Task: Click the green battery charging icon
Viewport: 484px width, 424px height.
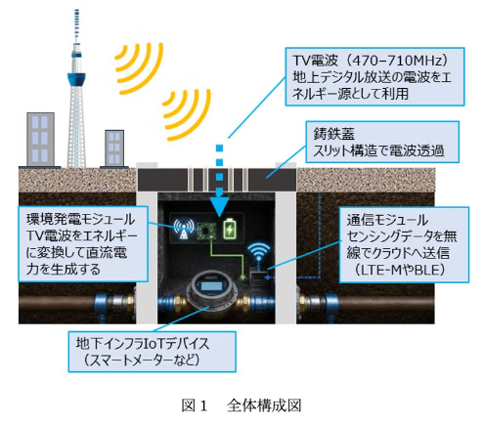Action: [230, 229]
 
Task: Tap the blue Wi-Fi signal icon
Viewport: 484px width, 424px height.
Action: [259, 252]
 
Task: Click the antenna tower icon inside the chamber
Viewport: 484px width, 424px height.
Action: [184, 229]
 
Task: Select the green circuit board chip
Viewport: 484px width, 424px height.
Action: [207, 231]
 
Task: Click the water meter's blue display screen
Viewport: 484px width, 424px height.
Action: [211, 287]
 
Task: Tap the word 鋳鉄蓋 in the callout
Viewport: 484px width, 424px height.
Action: [333, 133]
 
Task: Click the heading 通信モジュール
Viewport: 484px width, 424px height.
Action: [387, 220]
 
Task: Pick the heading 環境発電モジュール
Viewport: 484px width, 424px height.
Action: [80, 219]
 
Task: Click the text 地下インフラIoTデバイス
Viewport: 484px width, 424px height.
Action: [143, 343]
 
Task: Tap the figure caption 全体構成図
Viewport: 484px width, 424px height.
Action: [264, 405]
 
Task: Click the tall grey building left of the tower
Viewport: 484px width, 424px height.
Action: [40, 140]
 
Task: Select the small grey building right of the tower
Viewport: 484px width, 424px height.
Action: [114, 148]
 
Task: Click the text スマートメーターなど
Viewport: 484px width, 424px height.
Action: [140, 360]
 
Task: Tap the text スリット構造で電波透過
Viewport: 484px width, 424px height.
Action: [378, 150]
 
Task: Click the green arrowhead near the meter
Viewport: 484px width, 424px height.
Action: [242, 277]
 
